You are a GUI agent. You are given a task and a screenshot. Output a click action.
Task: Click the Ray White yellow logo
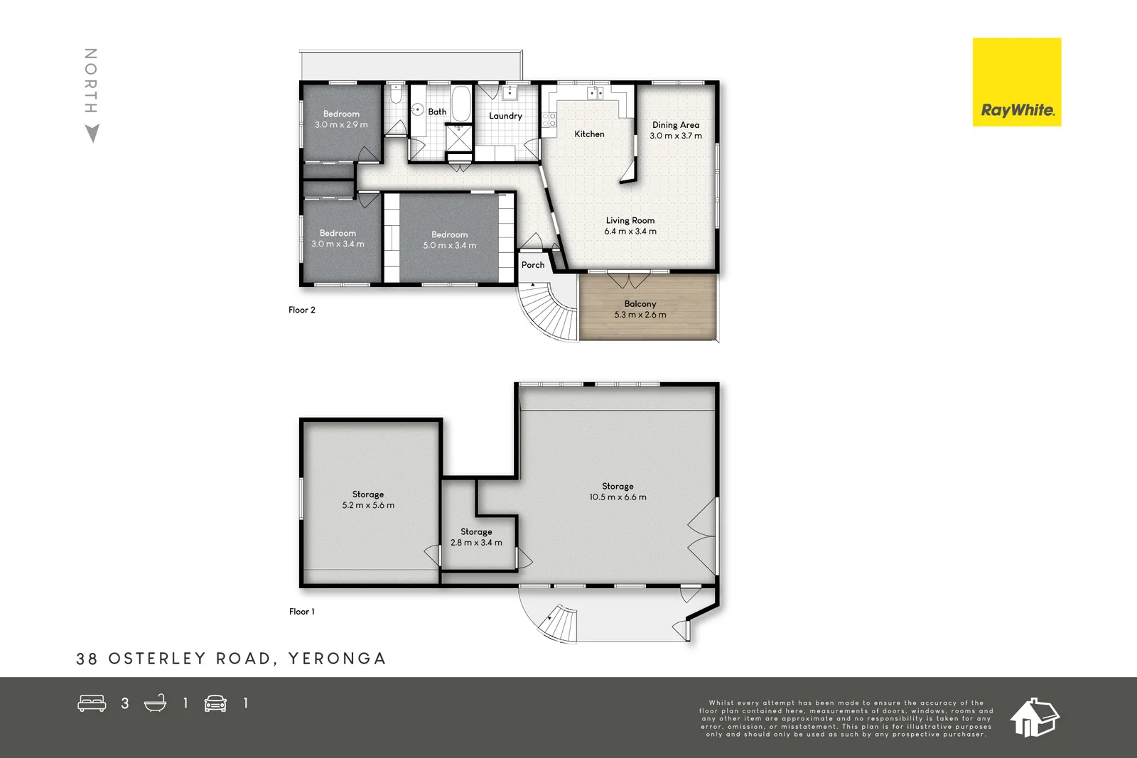(x=1016, y=82)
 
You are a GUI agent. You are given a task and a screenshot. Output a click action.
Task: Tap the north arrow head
(x=92, y=133)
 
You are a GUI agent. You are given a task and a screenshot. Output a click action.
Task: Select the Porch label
(x=532, y=265)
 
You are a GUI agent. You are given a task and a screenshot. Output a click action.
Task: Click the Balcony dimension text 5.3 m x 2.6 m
(x=640, y=315)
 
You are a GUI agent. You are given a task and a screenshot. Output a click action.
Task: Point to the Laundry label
(x=505, y=116)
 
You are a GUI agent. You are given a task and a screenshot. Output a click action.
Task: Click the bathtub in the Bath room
(x=460, y=104)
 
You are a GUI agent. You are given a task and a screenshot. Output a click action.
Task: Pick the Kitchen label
(x=589, y=134)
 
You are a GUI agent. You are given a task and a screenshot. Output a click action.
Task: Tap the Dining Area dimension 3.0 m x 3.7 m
(x=675, y=136)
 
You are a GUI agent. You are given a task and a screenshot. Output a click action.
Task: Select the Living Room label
(x=630, y=220)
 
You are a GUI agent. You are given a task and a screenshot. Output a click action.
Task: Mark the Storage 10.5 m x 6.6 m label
(x=618, y=492)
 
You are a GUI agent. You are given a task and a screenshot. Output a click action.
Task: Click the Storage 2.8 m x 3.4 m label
(x=476, y=537)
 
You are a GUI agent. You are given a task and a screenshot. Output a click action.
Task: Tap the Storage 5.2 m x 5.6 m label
(x=367, y=499)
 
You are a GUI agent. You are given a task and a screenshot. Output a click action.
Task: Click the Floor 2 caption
(x=301, y=310)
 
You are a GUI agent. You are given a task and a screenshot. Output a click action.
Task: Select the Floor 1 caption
(x=301, y=611)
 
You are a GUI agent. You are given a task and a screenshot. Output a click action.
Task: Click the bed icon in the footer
(x=92, y=703)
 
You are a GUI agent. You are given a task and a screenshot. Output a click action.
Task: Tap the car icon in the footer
(x=215, y=703)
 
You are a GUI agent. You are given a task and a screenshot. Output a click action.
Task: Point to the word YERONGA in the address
(x=337, y=659)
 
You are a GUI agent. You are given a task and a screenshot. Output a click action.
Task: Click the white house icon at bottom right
(x=1034, y=718)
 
